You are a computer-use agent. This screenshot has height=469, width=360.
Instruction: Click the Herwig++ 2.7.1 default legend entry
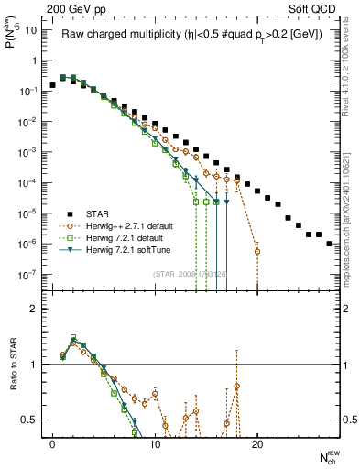[x=138, y=225]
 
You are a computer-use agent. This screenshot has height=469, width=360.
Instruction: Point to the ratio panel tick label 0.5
[x=30, y=420]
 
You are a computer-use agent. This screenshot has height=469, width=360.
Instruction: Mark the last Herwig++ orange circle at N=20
[x=257, y=251]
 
